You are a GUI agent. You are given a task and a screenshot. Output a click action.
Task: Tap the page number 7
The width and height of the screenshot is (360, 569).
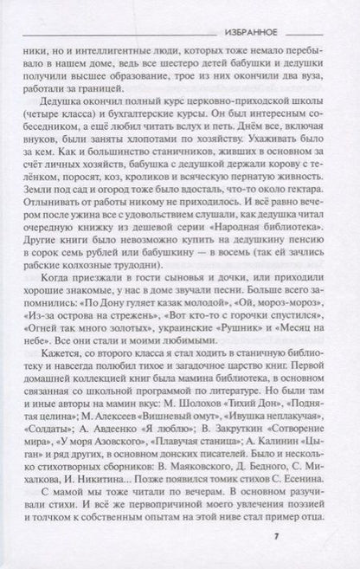(324, 543)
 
